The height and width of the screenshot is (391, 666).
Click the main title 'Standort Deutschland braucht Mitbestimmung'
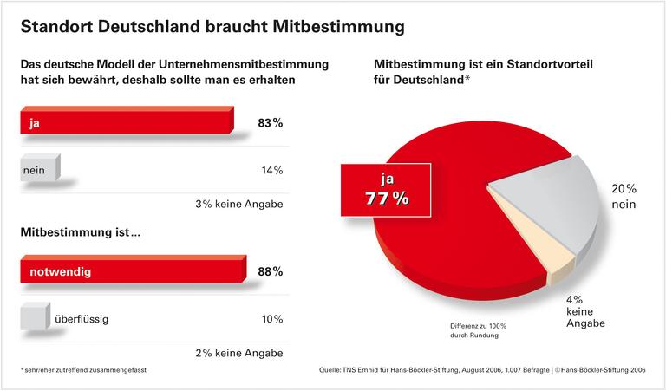coord(212,27)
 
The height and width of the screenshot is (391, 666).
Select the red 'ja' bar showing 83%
coord(126,122)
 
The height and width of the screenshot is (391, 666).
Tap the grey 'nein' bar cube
coord(40,169)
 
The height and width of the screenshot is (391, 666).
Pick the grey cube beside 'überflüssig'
coord(36,318)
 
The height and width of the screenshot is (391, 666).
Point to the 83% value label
coord(270,123)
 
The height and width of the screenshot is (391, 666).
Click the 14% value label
coord(271,170)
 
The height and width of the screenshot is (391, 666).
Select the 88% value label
coord(270,272)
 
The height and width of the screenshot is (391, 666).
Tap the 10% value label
coord(271,319)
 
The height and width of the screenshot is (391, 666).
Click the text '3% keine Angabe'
coord(239,205)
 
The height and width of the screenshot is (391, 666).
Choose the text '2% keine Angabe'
coord(239,353)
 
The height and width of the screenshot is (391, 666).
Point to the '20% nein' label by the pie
coord(623,197)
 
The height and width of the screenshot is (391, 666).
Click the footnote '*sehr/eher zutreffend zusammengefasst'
coord(83,370)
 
